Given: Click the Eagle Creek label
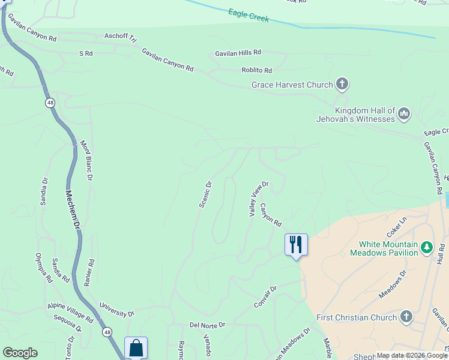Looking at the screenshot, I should (249, 16).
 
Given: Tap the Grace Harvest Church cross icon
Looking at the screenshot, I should (342, 84).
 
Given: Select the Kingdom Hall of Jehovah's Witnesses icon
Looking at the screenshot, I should (404, 113).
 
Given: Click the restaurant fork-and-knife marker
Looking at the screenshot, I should (296, 244).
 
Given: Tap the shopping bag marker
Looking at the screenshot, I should (136, 347).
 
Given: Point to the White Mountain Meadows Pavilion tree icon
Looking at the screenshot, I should (426, 247).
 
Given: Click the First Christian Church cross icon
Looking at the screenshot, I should (406, 317).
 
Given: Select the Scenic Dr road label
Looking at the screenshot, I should (206, 194).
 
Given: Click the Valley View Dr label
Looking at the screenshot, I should (259, 199).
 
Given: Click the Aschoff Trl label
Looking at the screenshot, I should (120, 38).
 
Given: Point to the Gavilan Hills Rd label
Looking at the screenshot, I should (238, 53).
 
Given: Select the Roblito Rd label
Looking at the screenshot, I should (257, 70).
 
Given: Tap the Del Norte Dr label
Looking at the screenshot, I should (207, 325).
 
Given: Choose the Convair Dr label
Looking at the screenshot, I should (265, 296).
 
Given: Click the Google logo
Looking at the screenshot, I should (20, 353).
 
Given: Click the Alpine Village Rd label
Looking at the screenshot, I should (70, 312).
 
